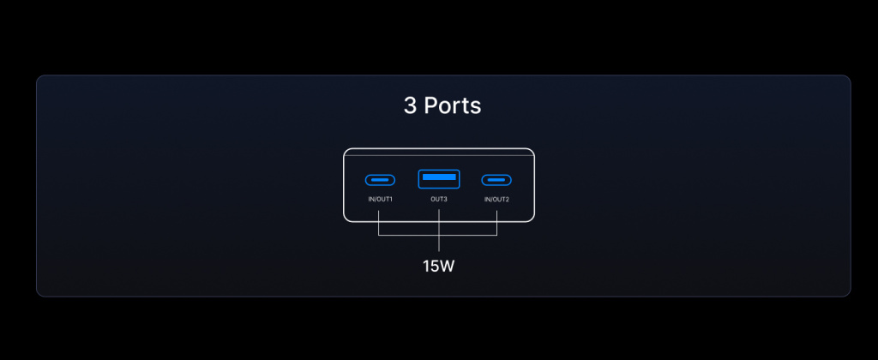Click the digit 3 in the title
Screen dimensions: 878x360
click(x=410, y=105)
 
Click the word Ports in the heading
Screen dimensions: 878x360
click(x=453, y=105)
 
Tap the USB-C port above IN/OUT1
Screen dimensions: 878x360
click(x=380, y=180)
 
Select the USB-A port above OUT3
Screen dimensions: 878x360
click(x=439, y=179)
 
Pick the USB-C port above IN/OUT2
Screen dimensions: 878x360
click(x=496, y=180)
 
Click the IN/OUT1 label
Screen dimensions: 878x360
click(x=380, y=200)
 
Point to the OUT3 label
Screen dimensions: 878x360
click(x=439, y=200)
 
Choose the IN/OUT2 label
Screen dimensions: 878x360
click(x=496, y=200)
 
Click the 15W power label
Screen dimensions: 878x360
click(x=438, y=267)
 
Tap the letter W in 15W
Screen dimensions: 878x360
click(x=446, y=267)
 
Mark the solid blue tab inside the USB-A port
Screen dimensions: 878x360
click(x=439, y=177)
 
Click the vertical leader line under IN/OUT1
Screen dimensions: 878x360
click(x=378, y=223)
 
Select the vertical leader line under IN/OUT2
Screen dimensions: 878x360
click(x=496, y=223)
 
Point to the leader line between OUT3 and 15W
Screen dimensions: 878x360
click(x=439, y=231)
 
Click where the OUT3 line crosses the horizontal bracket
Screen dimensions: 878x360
click(x=439, y=235)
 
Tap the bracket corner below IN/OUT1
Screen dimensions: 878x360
click(x=378, y=235)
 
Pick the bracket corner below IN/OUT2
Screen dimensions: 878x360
click(x=496, y=235)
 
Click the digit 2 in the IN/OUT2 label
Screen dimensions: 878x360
click(x=508, y=200)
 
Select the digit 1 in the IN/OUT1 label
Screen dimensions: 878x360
click(x=391, y=200)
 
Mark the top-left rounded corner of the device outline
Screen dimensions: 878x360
click(x=346, y=151)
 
